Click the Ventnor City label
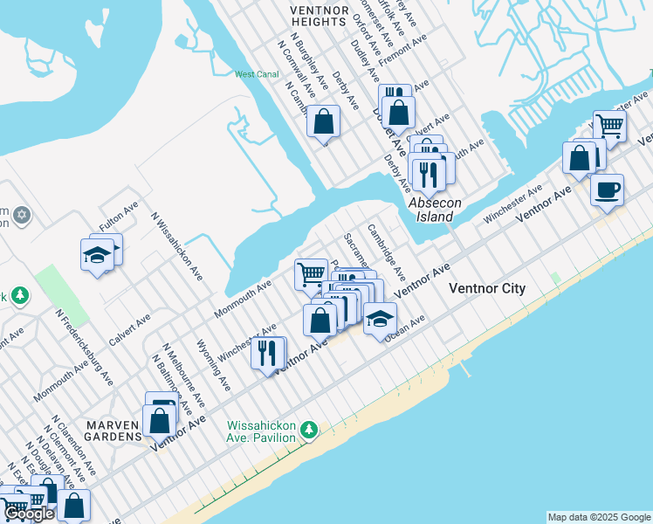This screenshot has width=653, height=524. click(486, 288)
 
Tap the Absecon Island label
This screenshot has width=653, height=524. click(432, 210)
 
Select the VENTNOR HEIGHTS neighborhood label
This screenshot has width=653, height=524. click(319, 15)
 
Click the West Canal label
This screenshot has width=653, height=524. click(257, 74)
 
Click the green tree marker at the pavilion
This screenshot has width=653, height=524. click(308, 430)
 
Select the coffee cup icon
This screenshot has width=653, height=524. click(607, 189)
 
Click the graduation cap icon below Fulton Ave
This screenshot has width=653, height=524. click(97, 254)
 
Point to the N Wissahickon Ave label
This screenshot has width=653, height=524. click(177, 247)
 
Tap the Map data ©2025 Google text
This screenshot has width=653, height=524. click(599, 517)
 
